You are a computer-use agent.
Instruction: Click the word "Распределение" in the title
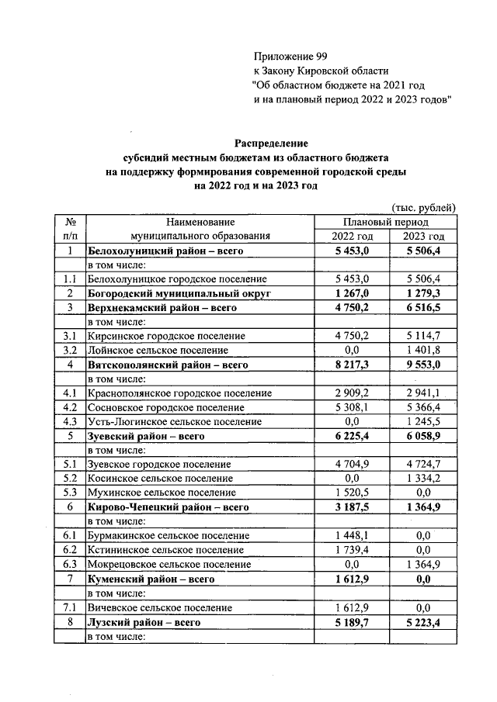coord(272,144)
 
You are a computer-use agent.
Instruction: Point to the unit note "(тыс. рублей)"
coord(422,208)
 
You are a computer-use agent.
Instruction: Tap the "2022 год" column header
coord(353,237)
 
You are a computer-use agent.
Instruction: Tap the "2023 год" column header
coord(423,237)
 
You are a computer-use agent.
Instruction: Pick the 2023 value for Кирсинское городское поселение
coord(423,336)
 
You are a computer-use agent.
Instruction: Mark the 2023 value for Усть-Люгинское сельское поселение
coord(423,421)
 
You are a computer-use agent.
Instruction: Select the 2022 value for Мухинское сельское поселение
coord(353,493)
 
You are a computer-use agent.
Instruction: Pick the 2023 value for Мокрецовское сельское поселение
coord(423,564)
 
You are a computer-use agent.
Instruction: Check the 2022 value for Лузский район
coord(353,622)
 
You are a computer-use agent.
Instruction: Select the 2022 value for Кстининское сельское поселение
coord(353,550)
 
